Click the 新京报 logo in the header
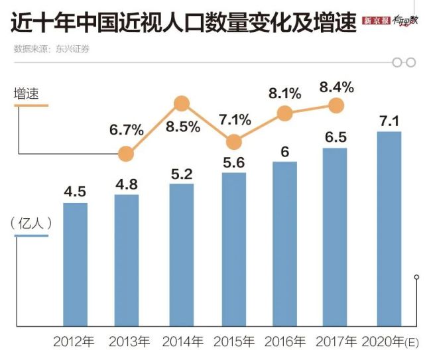click(x=377, y=23)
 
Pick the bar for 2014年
click(x=182, y=255)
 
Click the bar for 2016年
click(x=284, y=243)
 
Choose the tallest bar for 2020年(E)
click(x=389, y=229)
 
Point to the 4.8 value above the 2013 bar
click(x=126, y=183)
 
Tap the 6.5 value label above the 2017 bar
click(x=335, y=137)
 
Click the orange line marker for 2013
click(x=126, y=154)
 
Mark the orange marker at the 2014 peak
click(x=182, y=103)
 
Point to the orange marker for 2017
click(x=336, y=105)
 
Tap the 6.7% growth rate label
click(x=127, y=129)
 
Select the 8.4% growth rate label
click(x=336, y=86)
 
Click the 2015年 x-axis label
click(x=233, y=343)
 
